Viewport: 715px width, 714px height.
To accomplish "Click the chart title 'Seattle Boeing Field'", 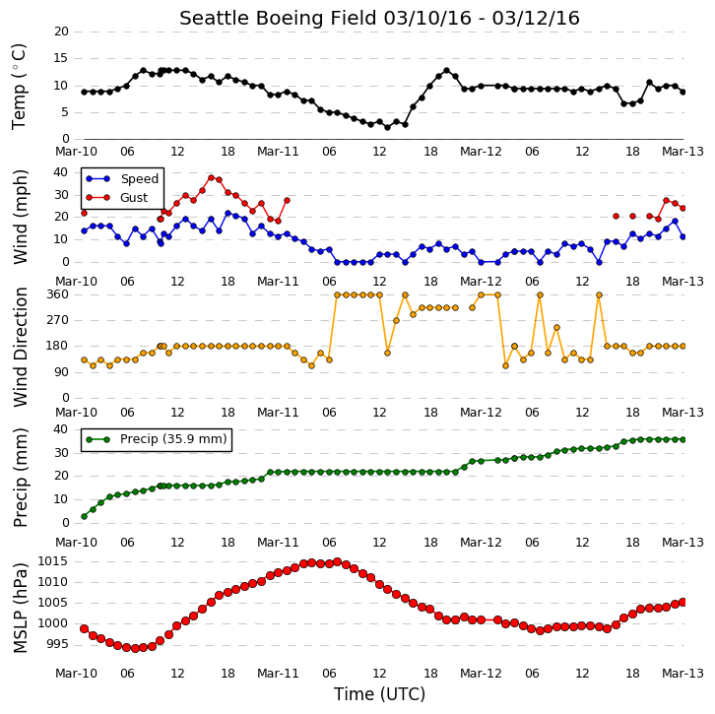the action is pyautogui.click(x=278, y=19).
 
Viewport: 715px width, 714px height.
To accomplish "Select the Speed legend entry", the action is pyautogui.click(x=122, y=178).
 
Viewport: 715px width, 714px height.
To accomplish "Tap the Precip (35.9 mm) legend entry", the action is pyautogui.click(x=157, y=439).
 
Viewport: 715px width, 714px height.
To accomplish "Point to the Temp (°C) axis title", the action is pyautogui.click(x=19, y=87).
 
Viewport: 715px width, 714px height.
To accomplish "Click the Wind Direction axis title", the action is pyautogui.click(x=21, y=348).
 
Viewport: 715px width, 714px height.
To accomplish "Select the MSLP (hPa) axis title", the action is pyautogui.click(x=21, y=609).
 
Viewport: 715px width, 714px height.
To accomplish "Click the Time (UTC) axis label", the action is pyautogui.click(x=379, y=694).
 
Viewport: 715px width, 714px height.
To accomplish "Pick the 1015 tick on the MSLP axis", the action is pyautogui.click(x=53, y=561).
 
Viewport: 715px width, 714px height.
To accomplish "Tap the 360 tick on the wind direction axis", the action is pyautogui.click(x=58, y=294).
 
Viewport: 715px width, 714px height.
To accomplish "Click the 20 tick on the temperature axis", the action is pyautogui.click(x=61, y=32).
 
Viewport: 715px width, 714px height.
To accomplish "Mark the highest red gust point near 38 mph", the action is pyautogui.click(x=211, y=178).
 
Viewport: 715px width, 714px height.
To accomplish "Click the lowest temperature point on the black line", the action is pyautogui.click(x=388, y=128).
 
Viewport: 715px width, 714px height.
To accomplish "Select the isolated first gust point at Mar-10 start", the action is pyautogui.click(x=84, y=213).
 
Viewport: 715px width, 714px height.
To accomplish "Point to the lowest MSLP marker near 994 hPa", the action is pyautogui.click(x=135, y=648).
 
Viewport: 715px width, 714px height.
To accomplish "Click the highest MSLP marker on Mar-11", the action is pyautogui.click(x=338, y=561).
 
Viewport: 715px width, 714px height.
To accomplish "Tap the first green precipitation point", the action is pyautogui.click(x=84, y=517).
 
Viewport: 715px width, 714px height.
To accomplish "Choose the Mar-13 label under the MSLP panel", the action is pyautogui.click(x=683, y=674).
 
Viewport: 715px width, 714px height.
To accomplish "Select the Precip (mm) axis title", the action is pyautogui.click(x=21, y=478).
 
